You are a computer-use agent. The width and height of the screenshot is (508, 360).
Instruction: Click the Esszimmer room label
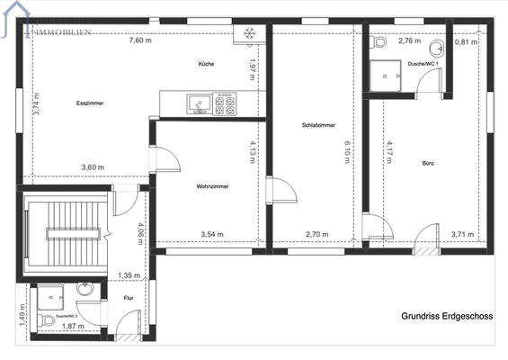tap(90, 103)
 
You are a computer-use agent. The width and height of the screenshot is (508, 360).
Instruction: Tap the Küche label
tap(207, 65)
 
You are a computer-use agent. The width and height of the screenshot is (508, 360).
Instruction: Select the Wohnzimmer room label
tap(212, 186)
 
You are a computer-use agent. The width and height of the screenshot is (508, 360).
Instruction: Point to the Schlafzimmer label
tap(319, 125)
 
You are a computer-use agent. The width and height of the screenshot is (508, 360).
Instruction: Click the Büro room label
tap(428, 163)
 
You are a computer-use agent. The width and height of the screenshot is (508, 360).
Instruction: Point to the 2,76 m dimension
tap(410, 41)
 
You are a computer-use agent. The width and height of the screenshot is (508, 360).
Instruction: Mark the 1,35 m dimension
tap(129, 275)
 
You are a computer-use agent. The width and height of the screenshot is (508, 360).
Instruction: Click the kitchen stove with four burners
tap(224, 105)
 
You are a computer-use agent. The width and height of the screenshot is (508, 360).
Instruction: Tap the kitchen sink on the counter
tap(196, 105)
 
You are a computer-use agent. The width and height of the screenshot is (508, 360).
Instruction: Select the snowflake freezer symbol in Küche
tap(247, 35)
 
